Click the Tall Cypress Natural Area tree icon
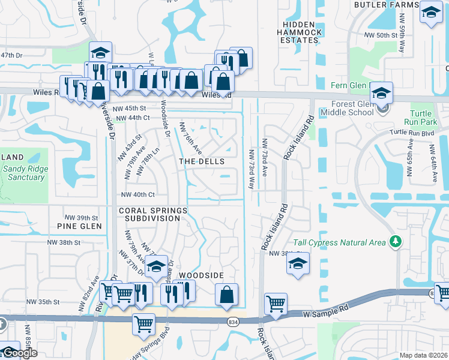tap(395, 241)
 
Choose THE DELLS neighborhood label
tap(202, 162)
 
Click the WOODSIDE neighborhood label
tap(202, 275)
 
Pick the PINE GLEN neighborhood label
tap(79, 226)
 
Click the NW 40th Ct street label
tap(138, 195)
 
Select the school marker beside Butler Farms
tap(430, 13)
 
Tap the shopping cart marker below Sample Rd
tap(143, 324)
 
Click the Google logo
tap(19, 353)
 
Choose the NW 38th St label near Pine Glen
tap(65, 242)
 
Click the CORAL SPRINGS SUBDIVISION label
tap(153, 214)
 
